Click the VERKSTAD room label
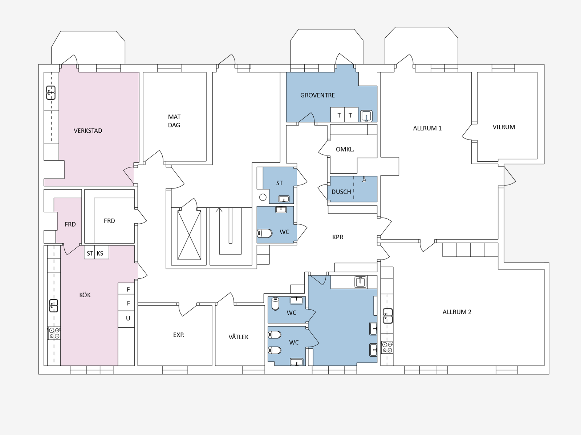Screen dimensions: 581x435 (x=88, y=131)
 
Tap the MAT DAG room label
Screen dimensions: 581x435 (x=174, y=121)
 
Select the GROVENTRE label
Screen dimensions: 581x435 (x=317, y=95)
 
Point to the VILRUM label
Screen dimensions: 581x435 (x=504, y=127)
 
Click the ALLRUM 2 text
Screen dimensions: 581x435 (x=457, y=312)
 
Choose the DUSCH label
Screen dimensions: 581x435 (x=341, y=192)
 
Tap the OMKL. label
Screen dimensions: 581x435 (x=345, y=149)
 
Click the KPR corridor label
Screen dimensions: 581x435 (x=338, y=237)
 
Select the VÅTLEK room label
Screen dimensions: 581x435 (x=238, y=337)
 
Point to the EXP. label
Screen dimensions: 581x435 (x=179, y=335)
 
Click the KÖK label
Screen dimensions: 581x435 (x=85, y=295)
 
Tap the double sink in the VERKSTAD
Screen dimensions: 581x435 (x=51, y=93)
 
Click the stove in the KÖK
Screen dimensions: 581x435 (x=54, y=333)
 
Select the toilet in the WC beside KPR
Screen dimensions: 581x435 (x=265, y=233)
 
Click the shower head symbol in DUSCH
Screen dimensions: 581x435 (x=364, y=179)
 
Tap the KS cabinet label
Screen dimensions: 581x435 (x=100, y=253)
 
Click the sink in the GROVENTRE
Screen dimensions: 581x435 (x=366, y=116)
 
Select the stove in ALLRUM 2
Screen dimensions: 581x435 (x=387, y=347)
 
